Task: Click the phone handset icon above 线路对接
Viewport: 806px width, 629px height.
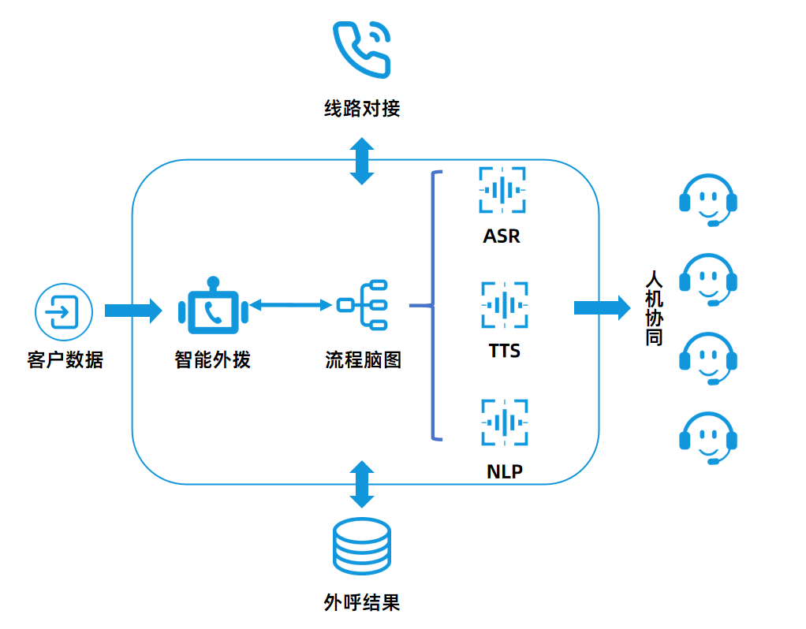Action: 362,48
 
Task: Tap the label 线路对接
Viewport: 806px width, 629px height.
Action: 362,108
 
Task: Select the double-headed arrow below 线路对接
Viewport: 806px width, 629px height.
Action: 362,161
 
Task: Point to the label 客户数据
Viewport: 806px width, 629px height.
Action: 64,360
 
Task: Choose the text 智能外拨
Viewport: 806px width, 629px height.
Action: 212,360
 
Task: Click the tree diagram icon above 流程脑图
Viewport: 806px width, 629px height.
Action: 362,305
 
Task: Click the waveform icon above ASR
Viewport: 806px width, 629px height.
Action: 502,190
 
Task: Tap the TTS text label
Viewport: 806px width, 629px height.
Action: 504,350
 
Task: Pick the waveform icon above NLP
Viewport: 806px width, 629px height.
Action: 504,423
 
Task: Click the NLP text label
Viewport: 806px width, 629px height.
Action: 504,472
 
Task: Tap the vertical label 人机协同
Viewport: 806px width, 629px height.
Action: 654,308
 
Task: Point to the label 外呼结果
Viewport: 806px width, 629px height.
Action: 362,603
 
